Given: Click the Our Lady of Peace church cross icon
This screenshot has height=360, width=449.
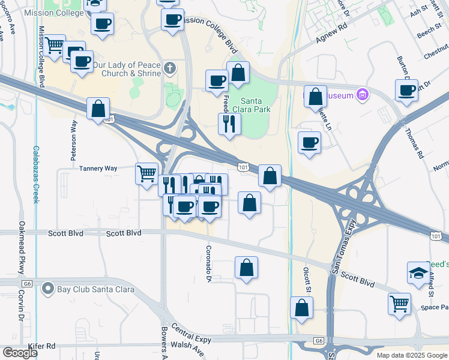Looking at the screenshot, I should (x=170, y=68).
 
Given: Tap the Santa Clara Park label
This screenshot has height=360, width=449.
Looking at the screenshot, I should (x=256, y=105).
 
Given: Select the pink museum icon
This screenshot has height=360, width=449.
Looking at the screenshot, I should (x=362, y=94).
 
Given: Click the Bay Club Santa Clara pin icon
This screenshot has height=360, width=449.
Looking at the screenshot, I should (x=48, y=289).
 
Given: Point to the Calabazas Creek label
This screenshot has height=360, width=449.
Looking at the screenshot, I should (x=36, y=174).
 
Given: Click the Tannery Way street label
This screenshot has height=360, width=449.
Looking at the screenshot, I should (x=98, y=169).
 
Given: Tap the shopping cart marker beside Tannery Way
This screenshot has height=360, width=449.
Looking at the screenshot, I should (x=146, y=174).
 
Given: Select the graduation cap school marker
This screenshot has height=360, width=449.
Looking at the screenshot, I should (x=418, y=273).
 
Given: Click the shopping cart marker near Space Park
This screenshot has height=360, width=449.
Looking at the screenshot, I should (x=399, y=304).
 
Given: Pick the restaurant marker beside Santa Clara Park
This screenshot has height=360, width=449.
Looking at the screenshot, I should (x=229, y=124).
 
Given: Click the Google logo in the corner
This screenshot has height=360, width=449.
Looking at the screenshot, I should (x=20, y=353).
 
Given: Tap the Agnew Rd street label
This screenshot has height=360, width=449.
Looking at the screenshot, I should (x=332, y=35).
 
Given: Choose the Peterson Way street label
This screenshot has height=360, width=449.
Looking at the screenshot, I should (x=74, y=140).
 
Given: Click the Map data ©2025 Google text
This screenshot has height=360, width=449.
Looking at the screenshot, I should (x=412, y=355).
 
